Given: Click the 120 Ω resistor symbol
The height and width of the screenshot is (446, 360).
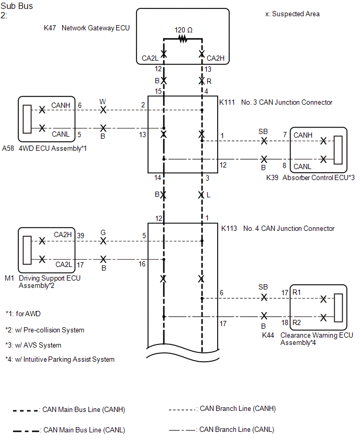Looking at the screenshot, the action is pyautogui.click(x=183, y=39).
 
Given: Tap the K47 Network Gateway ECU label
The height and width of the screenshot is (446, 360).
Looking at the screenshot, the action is pyautogui.click(x=87, y=28).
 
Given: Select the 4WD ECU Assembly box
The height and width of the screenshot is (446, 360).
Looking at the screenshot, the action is pyautogui.click(x=47, y=119).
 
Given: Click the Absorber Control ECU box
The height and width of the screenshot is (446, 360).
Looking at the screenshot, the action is pyautogui.click(x=319, y=150).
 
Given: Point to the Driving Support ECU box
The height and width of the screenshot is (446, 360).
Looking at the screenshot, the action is pyautogui.click(x=47, y=250).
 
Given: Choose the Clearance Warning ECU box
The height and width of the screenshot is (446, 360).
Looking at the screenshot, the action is pyautogui.click(x=319, y=307).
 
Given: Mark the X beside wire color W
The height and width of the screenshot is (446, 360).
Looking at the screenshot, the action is pyautogui.click(x=103, y=110).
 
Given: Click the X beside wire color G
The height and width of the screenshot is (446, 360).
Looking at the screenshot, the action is pyautogui.click(x=103, y=241).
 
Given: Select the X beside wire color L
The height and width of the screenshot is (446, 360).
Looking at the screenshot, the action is pyautogui.click(x=201, y=195).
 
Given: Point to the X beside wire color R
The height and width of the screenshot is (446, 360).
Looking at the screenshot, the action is pyautogui.click(x=201, y=81).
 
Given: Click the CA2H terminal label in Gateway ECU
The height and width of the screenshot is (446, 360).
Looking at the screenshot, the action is pyautogui.click(x=216, y=58).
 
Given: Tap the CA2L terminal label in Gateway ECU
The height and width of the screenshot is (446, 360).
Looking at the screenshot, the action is pyautogui.click(x=150, y=58).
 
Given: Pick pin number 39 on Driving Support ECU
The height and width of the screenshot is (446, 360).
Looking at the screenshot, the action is pyautogui.click(x=81, y=236).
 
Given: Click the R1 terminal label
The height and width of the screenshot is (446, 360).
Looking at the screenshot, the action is pyautogui.click(x=297, y=292).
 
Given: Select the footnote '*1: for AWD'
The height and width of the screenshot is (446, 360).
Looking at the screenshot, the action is pyautogui.click(x=23, y=314).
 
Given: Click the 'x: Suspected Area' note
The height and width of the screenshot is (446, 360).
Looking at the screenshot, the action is pyautogui.click(x=292, y=14).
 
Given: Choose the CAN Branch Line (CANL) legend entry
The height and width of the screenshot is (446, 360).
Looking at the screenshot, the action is pyautogui.click(x=221, y=429).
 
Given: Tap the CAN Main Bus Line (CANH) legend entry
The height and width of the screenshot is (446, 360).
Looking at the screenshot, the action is pyautogui.click(x=69, y=410).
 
